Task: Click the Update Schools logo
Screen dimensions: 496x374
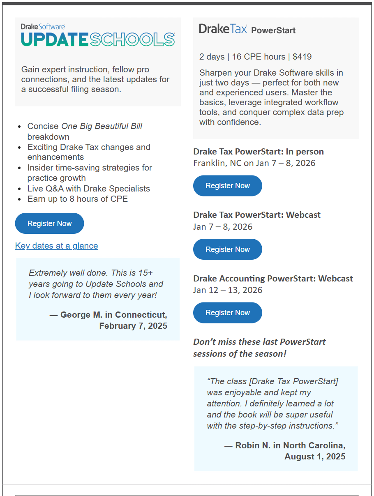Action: pyautogui.click(x=98, y=37)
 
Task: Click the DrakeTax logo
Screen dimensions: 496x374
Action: pyautogui.click(x=223, y=29)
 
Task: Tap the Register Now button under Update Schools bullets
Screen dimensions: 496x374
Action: pyautogui.click(x=49, y=224)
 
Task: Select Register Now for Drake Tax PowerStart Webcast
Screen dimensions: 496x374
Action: pyautogui.click(x=227, y=249)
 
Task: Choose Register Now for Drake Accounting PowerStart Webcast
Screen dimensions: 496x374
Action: pyautogui.click(x=227, y=313)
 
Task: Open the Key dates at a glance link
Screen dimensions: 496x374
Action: pyautogui.click(x=56, y=246)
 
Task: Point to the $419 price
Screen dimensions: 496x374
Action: pyautogui.click(x=302, y=57)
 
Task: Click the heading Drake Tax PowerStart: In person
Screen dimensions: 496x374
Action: pyautogui.click(x=259, y=152)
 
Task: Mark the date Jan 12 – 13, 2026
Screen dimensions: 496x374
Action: pyautogui.click(x=228, y=290)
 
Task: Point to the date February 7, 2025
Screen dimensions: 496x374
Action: pyautogui.click(x=133, y=326)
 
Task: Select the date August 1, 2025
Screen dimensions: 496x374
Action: pyautogui.click(x=315, y=457)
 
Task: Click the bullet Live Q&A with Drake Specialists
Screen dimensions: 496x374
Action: pyautogui.click(x=88, y=189)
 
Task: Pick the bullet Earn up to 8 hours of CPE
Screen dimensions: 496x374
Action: pyautogui.click(x=77, y=199)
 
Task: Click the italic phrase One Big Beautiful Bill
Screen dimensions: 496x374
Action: pyautogui.click(x=102, y=126)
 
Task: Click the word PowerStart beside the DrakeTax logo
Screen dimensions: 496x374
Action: pyautogui.click(x=273, y=30)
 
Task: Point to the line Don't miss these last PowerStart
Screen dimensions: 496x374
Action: pyautogui.click(x=259, y=342)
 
